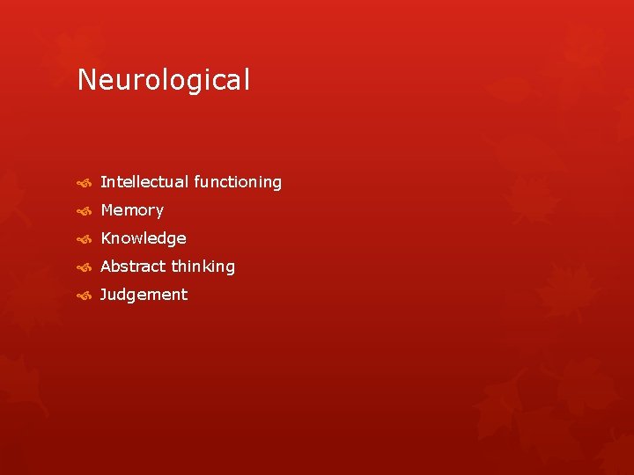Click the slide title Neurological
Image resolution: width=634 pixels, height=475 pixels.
click(164, 81)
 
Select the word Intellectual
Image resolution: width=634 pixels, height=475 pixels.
click(144, 182)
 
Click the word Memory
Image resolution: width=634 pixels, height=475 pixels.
click(132, 210)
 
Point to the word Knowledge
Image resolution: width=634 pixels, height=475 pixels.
click(144, 238)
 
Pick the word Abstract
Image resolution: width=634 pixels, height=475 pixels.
click(133, 267)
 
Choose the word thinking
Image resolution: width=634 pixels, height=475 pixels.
click(203, 267)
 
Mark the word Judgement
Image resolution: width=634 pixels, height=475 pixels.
click(144, 295)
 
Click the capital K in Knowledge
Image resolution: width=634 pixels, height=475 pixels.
click(106, 238)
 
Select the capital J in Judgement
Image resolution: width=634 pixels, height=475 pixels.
click(104, 295)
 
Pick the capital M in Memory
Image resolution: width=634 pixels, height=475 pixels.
click(107, 210)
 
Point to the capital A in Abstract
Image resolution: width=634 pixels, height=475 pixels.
click(107, 267)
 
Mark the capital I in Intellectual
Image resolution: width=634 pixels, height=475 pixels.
click(103, 182)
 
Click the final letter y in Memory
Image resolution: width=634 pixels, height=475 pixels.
click(159, 212)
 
